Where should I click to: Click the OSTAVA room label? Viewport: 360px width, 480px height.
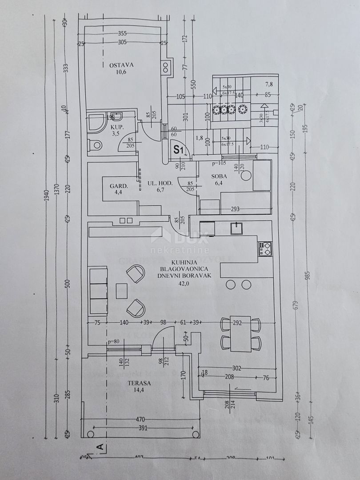coord(122,65)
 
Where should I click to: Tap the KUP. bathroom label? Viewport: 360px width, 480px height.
coord(116,127)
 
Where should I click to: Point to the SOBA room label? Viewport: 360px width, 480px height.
coord(220,176)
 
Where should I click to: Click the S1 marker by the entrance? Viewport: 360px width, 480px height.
coord(179,150)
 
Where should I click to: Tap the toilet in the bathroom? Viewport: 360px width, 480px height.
coord(96,145)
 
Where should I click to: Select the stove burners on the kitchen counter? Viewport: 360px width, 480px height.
coord(265,248)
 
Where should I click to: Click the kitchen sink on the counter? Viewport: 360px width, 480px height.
coord(236,228)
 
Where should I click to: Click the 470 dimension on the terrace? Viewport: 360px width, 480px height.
coord(141,419)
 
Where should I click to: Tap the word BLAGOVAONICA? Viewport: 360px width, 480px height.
coord(186,268)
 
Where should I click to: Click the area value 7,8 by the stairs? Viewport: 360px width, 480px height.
coord(269,84)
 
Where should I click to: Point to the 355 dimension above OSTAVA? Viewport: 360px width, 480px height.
coord(123,33)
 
